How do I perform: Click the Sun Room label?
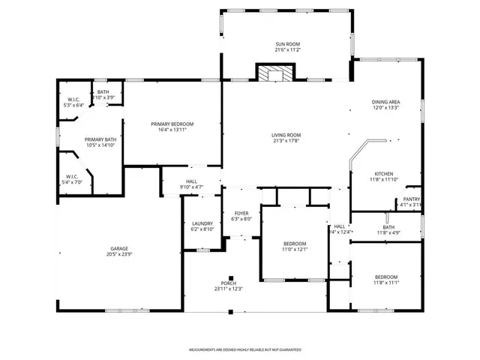coord(287,45)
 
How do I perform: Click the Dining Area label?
coord(385,101)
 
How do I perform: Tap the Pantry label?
coord(411,199)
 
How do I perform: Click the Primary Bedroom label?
coord(172,124)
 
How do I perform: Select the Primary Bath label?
coord(100,139)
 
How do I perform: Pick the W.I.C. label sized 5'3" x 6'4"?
coord(73,99)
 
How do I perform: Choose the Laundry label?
coord(202,223)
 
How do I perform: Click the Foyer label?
coord(241,213)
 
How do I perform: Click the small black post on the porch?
coord(232,275)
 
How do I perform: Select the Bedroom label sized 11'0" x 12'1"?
coord(294,244)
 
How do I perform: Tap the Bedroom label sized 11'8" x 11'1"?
coord(385,277)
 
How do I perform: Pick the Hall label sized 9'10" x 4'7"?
coord(191,181)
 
